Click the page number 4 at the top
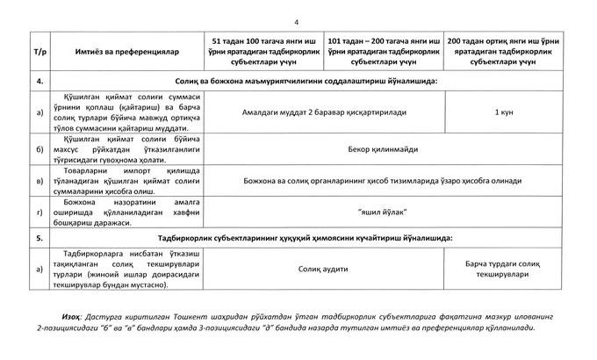coord(297,22)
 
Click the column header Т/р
coord(39,52)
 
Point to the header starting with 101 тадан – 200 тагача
coord(382,52)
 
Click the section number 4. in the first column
coord(39,81)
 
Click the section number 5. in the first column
coord(39,238)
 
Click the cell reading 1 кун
coord(504,112)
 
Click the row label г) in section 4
coord(39,212)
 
